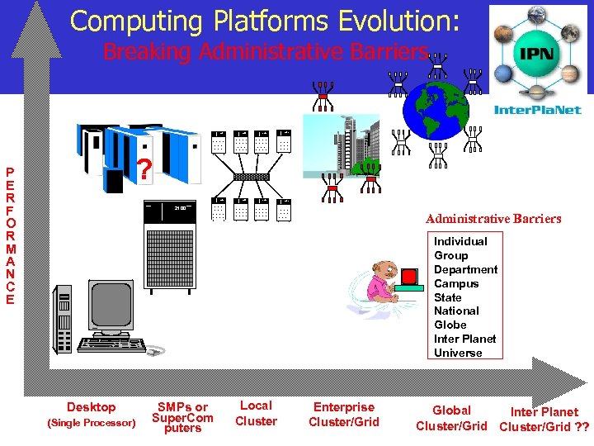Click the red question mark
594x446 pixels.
coord(144,170)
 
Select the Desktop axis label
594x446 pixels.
coord(91,406)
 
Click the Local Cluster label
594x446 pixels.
coord(256,413)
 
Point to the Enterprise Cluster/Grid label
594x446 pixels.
coord(344,414)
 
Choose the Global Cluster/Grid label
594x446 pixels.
coord(451,418)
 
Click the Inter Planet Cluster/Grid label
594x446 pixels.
coord(544,419)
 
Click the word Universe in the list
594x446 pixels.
coord(458,353)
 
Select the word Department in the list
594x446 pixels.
coord(466,269)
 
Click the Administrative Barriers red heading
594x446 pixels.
coord(493,219)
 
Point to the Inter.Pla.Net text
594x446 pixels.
coord(537,110)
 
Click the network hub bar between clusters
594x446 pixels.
coord(251,177)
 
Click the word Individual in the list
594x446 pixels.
coord(460,241)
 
